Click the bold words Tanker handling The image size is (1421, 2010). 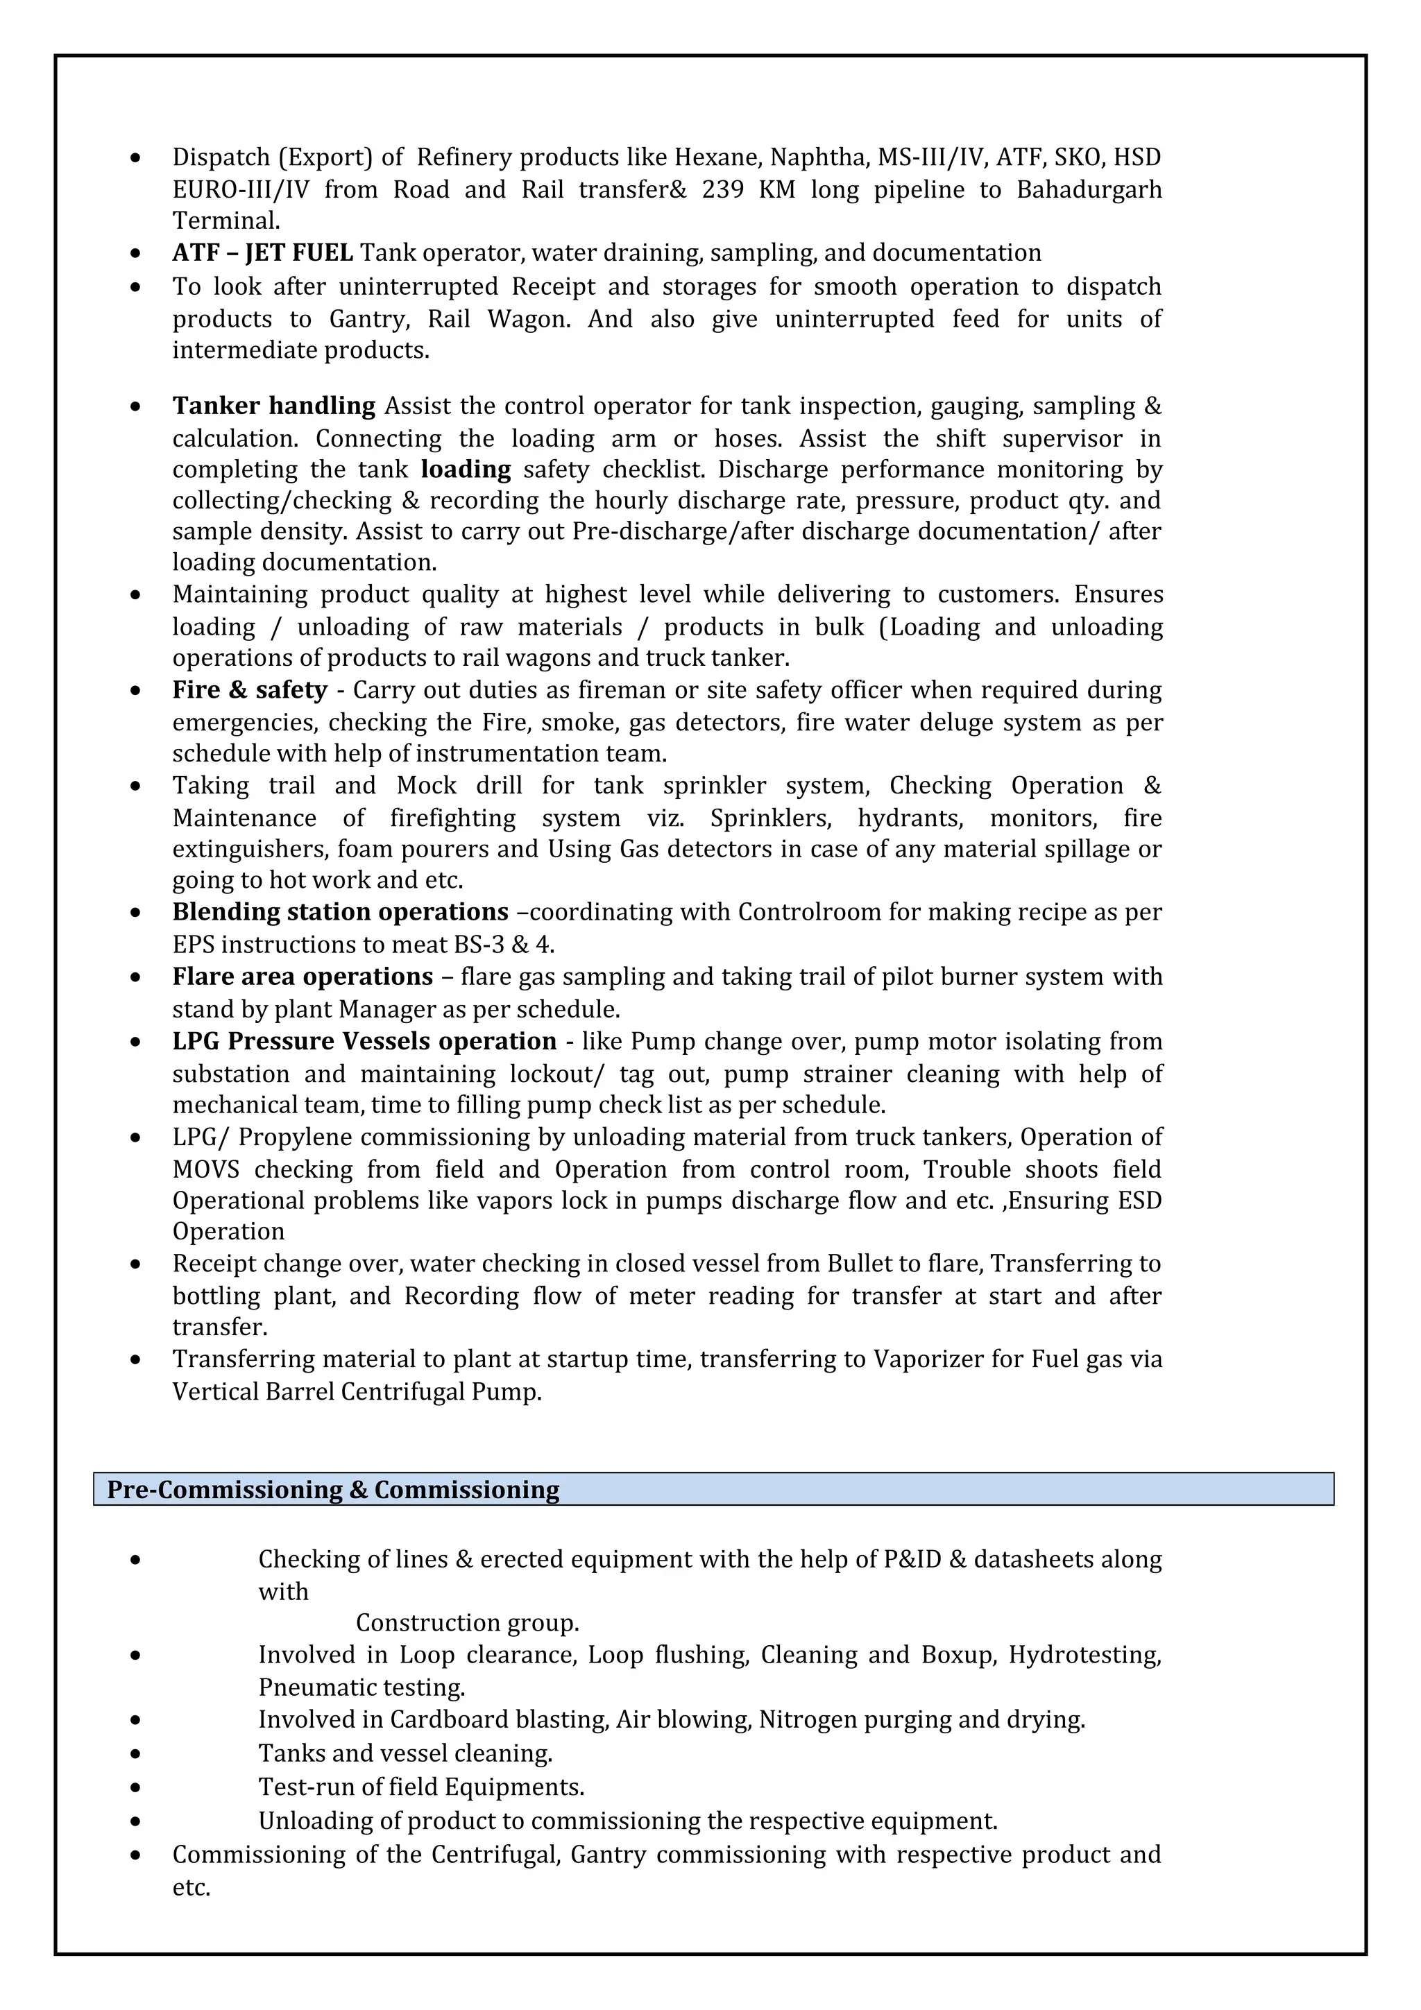click(273, 406)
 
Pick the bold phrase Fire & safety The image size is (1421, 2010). click(250, 691)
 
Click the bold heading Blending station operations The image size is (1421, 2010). click(340, 912)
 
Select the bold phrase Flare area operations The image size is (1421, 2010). click(302, 977)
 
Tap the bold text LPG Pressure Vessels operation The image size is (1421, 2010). click(364, 1042)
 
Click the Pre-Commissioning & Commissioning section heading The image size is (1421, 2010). click(333, 1490)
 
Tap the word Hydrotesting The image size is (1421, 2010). click(1084, 1656)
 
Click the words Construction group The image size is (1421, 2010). click(467, 1623)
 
